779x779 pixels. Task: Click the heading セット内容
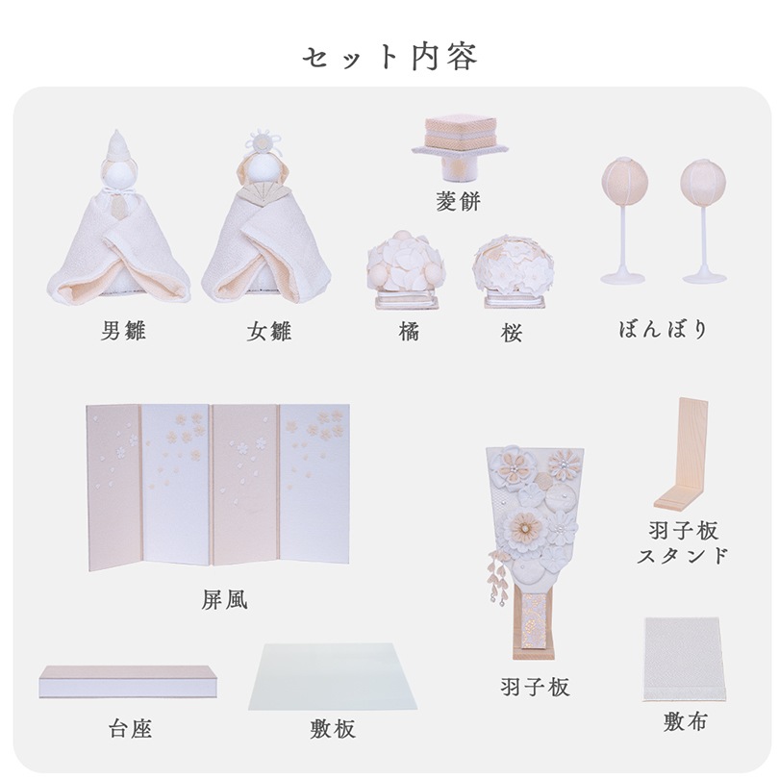tap(389, 57)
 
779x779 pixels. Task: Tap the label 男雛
tap(123, 331)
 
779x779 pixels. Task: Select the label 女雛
tap(268, 332)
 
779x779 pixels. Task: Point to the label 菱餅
tap(458, 201)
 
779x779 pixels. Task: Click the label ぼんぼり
tap(663, 329)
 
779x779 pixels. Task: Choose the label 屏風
tap(224, 600)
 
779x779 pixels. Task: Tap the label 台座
tap(130, 729)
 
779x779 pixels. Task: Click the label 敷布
tap(685, 721)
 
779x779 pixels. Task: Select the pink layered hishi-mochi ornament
tap(460, 144)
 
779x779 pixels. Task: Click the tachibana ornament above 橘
tap(404, 269)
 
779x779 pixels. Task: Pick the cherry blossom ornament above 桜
tap(513, 271)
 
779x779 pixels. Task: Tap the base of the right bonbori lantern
tap(705, 276)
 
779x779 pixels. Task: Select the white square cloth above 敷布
tap(683, 659)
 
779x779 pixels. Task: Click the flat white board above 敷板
tap(333, 677)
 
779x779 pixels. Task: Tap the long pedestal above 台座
tap(129, 682)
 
